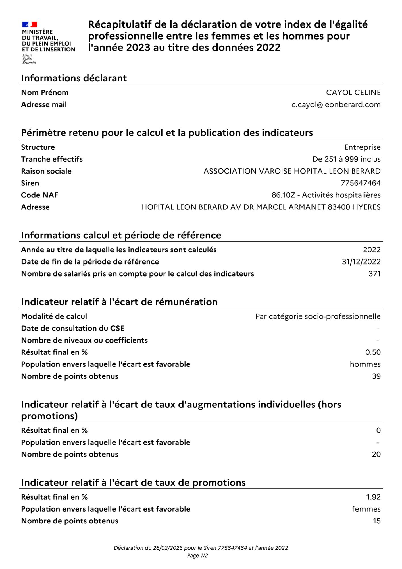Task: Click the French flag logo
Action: click(x=30, y=25)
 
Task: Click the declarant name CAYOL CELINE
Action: click(x=353, y=92)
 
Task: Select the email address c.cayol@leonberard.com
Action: click(x=336, y=104)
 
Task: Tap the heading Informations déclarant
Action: click(x=74, y=78)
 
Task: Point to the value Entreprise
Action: click(x=362, y=147)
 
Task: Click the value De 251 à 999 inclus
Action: click(x=346, y=159)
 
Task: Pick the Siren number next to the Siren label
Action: click(x=361, y=183)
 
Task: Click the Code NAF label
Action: click(x=39, y=195)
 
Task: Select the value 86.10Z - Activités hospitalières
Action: click(x=326, y=195)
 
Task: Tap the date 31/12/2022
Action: click(x=361, y=261)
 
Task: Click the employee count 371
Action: click(x=374, y=273)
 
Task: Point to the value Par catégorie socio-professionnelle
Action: click(x=318, y=316)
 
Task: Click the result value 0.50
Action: click(x=373, y=352)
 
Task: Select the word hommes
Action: click(x=365, y=364)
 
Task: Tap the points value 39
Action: click(x=376, y=376)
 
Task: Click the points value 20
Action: click(x=376, y=454)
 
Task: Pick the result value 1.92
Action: click(x=373, y=497)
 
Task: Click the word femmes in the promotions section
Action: click(x=366, y=509)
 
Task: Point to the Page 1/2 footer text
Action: click(x=197, y=555)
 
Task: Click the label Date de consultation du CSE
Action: click(x=73, y=328)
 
